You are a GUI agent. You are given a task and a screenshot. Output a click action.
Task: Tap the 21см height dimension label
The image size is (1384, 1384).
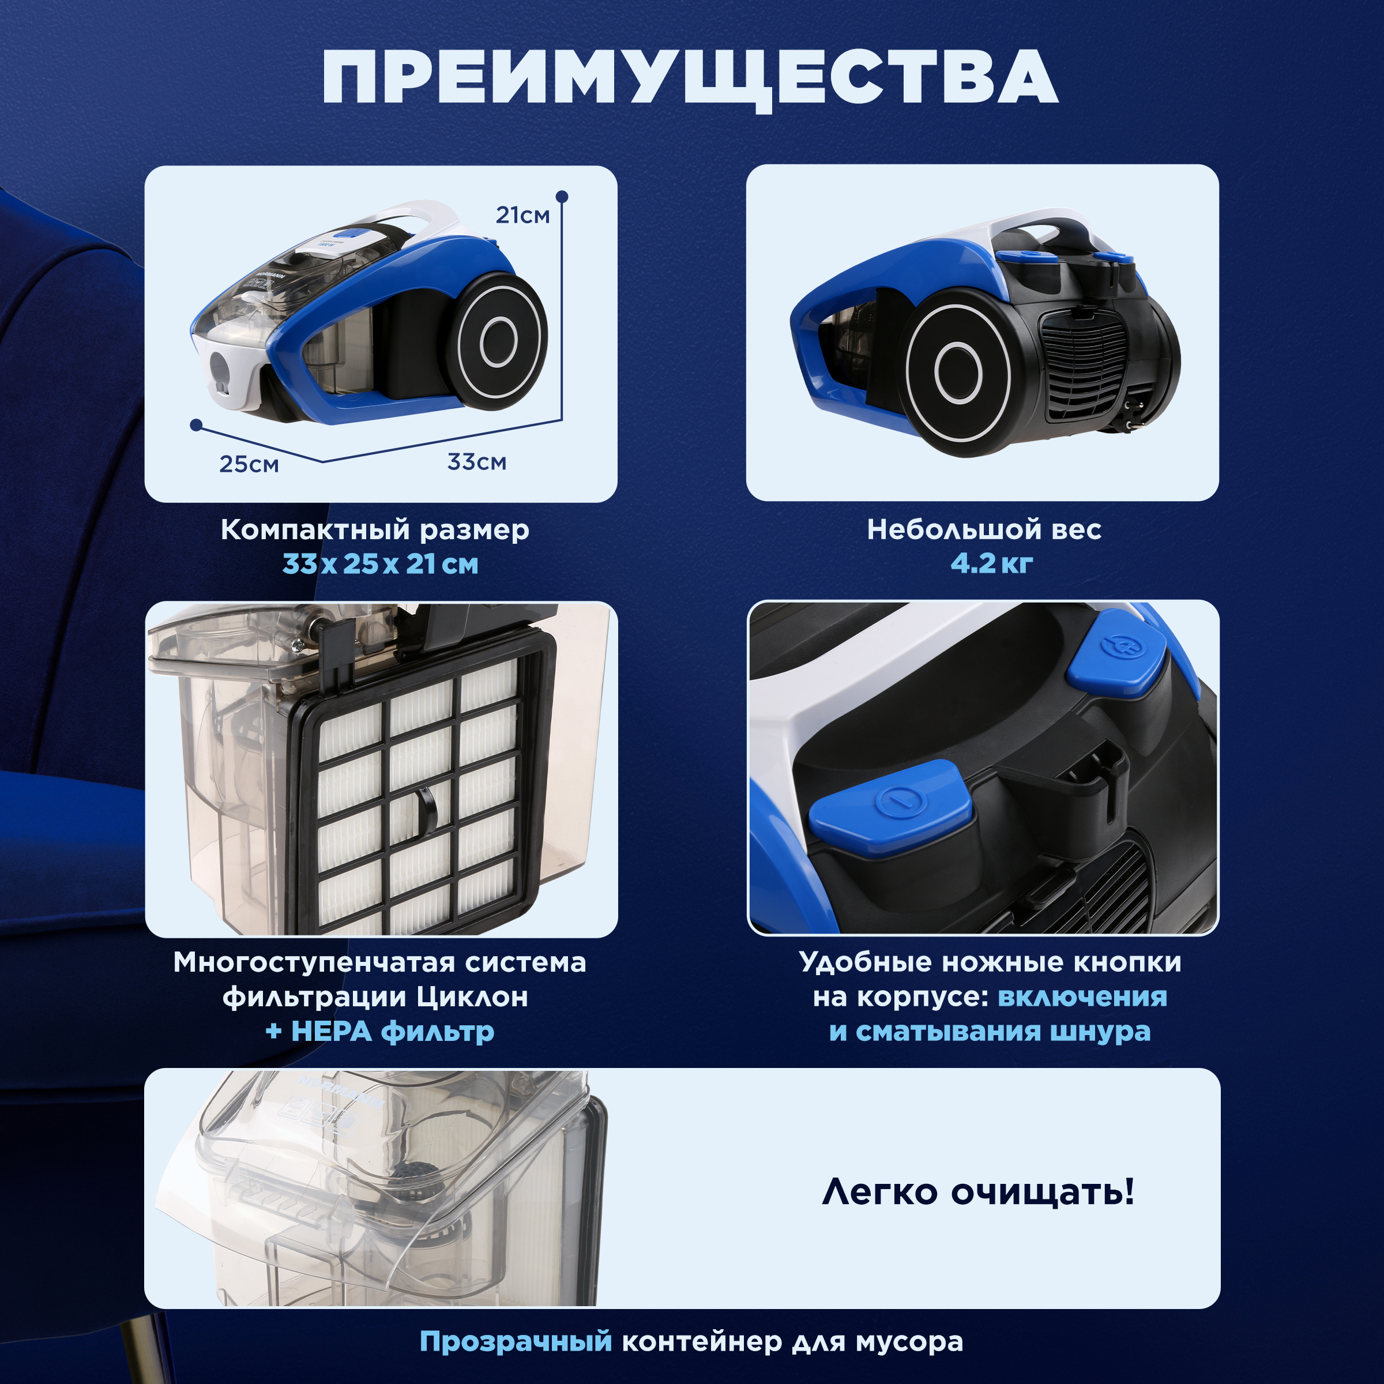click(522, 215)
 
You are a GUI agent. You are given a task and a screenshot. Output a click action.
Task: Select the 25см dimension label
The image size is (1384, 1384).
click(249, 464)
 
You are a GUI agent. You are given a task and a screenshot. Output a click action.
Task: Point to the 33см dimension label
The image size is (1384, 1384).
click(476, 462)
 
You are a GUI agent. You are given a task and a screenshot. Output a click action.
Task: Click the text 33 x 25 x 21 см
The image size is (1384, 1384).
click(379, 565)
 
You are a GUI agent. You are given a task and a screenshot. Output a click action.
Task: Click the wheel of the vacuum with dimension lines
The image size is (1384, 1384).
click(498, 342)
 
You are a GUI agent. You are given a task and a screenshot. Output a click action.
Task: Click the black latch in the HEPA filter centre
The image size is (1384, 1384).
click(426, 810)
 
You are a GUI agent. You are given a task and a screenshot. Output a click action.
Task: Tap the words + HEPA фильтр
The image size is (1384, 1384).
click(379, 1032)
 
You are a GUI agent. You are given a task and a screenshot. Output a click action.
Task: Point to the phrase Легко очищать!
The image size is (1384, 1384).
click(978, 1192)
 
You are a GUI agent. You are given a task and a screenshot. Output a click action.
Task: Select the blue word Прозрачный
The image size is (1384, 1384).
click(516, 1341)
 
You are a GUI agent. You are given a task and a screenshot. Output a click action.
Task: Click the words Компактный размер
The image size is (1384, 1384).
click(375, 530)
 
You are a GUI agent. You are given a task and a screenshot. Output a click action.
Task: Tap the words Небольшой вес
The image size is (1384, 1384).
click(984, 530)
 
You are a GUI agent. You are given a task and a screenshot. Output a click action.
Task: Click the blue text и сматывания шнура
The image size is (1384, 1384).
click(990, 1032)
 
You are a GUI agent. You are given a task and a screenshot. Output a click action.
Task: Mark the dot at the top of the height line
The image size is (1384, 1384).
click(562, 196)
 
